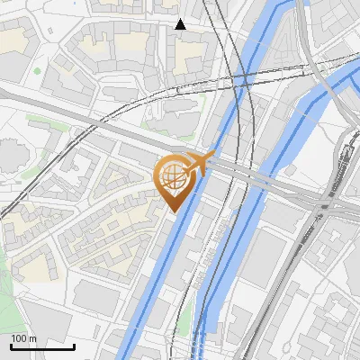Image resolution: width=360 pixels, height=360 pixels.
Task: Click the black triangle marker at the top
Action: point(181,24)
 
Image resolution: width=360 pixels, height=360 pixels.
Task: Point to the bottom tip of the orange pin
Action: point(172,211)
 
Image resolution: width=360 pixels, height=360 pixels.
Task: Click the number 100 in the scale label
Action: point(19,338)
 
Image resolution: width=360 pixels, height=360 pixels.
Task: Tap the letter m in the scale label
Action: point(31,338)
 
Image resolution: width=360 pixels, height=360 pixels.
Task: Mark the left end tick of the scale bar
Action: point(11,346)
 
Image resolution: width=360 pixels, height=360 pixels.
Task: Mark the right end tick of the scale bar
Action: point(74,346)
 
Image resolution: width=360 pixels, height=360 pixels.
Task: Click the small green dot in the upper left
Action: point(37,70)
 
